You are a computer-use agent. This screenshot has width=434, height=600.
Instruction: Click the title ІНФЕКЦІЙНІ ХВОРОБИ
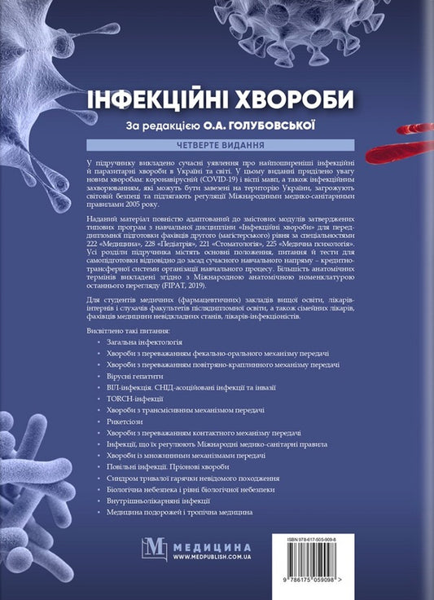[x=221, y=99]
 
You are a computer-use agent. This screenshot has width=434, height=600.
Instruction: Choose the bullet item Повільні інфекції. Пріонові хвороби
[x=162, y=467]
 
